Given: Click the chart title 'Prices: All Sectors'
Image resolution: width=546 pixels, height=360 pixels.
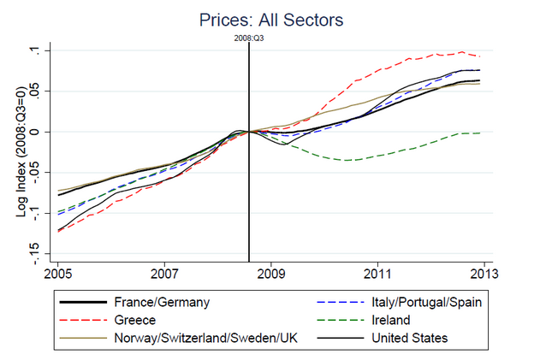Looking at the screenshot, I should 272,19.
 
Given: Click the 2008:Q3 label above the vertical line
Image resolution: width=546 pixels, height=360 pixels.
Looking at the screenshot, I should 248,38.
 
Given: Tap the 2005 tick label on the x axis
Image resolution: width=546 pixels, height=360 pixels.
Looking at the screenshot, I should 57,276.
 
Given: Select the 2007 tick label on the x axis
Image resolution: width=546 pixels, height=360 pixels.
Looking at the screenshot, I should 164,276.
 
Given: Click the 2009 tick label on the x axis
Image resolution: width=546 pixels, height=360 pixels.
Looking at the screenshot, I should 270,276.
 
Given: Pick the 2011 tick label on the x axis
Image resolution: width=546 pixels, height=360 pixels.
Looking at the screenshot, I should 377,276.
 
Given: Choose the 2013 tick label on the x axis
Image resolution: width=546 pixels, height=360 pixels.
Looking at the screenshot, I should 484,276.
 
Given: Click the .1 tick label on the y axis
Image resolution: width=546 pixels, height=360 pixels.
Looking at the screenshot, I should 39,50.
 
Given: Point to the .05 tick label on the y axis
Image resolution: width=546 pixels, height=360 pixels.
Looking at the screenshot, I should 39,91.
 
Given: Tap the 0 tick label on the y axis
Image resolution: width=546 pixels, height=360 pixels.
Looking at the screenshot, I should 39,132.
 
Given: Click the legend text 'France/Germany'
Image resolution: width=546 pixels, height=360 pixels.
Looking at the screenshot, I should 161,302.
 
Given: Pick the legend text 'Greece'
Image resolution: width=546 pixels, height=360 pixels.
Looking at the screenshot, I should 134,320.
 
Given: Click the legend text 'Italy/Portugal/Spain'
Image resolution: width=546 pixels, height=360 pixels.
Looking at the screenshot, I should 422,302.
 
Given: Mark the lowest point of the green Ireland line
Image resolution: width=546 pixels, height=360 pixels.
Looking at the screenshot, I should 347,160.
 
